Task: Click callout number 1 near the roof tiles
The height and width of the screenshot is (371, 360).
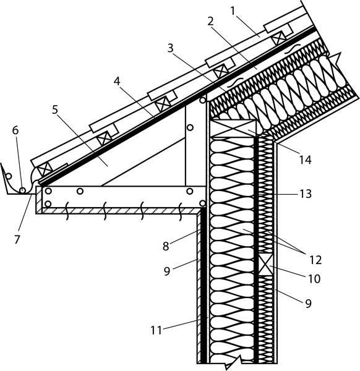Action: pos(233,11)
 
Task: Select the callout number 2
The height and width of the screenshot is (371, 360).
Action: pos(210,21)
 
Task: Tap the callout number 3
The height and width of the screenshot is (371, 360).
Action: pos(171,48)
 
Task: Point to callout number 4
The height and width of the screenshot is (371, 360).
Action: pos(117,82)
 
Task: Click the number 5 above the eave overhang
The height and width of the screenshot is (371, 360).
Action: pos(55,109)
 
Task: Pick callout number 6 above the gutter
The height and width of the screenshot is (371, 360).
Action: pos(15,130)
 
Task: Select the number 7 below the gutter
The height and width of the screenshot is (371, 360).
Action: pos(17,239)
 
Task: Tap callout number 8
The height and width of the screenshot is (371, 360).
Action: pos(166,246)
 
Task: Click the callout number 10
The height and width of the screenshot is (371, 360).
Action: pos(314,279)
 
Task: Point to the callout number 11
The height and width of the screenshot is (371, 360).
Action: pos(156,330)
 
